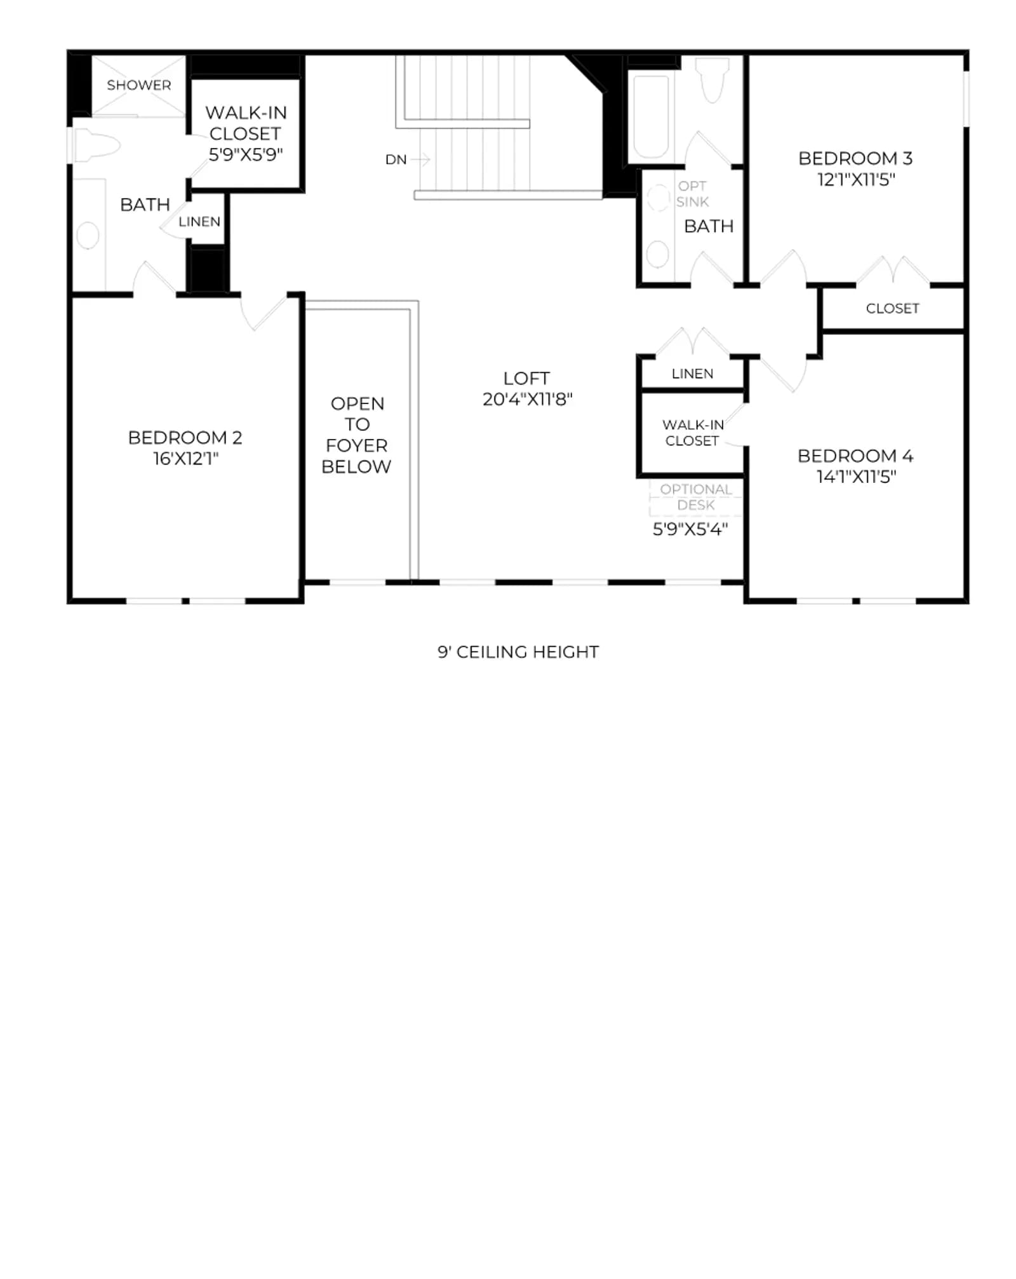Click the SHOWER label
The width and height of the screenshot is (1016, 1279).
[138, 85]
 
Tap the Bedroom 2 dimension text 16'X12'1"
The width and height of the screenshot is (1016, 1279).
[185, 459]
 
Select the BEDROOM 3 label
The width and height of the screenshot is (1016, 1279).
[855, 158]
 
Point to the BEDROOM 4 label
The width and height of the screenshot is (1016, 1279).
[855, 456]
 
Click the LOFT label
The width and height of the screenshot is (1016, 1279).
[526, 378]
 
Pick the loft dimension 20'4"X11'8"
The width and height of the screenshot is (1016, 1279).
[527, 399]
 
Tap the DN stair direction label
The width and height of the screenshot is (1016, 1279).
[396, 159]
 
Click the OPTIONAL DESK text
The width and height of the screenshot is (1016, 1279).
[696, 497]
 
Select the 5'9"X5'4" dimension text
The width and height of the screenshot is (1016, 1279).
[690, 529]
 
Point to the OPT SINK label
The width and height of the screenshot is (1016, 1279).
[692, 194]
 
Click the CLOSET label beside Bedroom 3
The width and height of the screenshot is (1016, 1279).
[892, 308]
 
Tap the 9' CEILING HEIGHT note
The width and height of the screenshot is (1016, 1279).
[518, 652]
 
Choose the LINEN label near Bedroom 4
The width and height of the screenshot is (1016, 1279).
[692, 374]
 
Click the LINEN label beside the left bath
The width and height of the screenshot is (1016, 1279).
[199, 222]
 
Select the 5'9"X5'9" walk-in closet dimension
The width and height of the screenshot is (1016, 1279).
[246, 154]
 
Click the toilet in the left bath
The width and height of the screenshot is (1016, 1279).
[95, 145]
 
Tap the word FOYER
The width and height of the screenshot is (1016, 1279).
[356, 445]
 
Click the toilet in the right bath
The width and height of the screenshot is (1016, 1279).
[712, 79]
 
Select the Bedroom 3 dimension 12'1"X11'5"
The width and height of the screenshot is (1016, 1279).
[856, 179]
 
